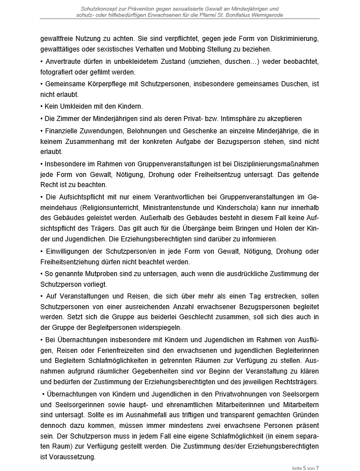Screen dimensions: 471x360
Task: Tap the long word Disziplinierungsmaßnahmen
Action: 272,164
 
